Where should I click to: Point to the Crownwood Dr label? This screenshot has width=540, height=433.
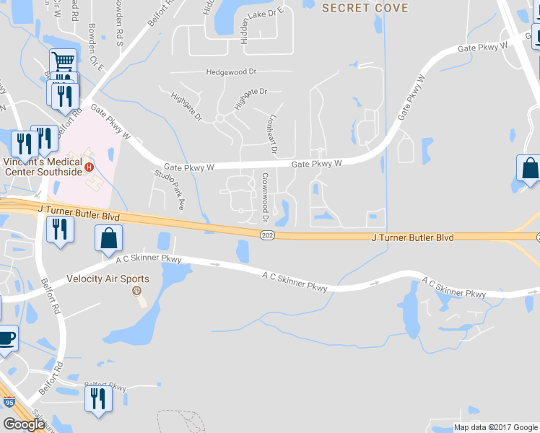265,197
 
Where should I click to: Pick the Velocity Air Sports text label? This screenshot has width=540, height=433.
108,279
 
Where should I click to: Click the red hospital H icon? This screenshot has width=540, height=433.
89,167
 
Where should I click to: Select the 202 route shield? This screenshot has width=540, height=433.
267,236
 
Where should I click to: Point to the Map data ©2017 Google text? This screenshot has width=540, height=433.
495,427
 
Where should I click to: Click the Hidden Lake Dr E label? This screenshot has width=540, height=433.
245,24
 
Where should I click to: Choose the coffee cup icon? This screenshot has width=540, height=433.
6,338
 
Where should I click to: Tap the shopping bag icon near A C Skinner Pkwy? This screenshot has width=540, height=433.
108,237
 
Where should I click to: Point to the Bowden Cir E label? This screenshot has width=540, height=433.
96,48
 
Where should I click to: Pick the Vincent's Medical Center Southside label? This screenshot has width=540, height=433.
43,167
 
